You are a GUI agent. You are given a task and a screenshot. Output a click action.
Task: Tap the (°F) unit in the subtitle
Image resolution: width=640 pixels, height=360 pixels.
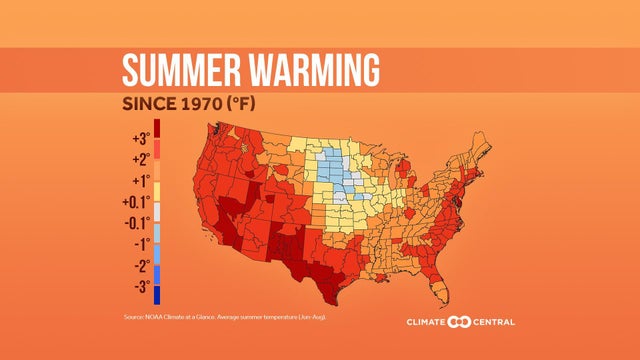click(x=263, y=104)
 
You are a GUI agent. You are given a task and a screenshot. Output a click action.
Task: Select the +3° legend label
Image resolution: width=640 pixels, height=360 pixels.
click(x=139, y=138)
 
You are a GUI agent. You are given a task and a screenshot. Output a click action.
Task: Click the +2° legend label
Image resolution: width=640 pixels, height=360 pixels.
click(x=139, y=159)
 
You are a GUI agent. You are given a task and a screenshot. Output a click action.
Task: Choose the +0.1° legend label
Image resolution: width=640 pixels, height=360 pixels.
click(x=136, y=202)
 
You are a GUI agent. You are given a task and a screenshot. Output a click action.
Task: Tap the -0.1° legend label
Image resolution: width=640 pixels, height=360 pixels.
click(x=136, y=222)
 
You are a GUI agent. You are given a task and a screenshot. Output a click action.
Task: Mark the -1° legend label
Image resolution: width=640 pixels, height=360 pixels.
click(x=140, y=244)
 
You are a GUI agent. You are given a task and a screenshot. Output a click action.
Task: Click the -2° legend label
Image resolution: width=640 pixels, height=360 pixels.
click(x=140, y=266)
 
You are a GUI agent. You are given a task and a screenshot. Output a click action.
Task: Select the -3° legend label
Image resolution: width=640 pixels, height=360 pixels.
click(x=140, y=287)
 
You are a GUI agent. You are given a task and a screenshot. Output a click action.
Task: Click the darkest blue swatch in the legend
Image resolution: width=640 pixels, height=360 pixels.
click(x=157, y=295)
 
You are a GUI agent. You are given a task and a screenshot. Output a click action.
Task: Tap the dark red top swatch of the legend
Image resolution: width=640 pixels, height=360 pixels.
click(x=157, y=128)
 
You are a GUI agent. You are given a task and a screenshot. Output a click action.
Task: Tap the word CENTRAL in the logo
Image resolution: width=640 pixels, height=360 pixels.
click(x=494, y=322)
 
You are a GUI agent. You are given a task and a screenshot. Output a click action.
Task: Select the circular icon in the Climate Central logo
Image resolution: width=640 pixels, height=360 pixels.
click(x=460, y=322)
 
